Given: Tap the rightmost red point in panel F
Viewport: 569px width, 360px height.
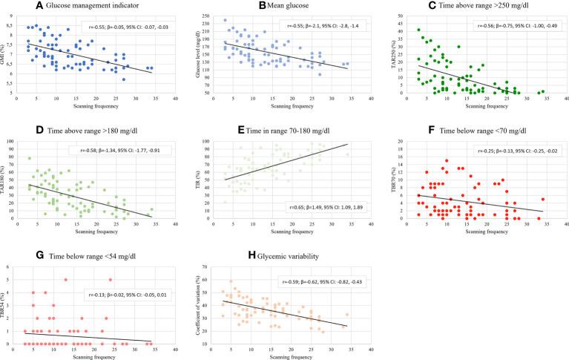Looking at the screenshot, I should pos(544,199).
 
